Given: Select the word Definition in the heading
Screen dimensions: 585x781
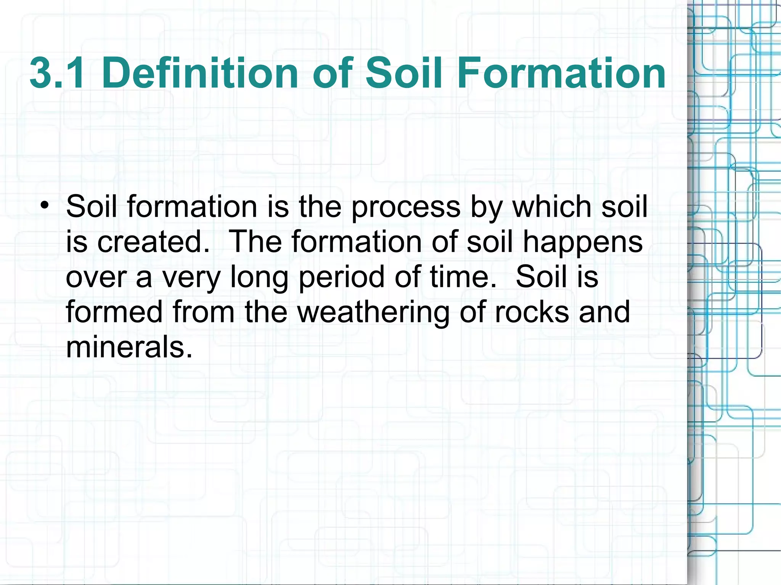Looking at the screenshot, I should (x=200, y=73).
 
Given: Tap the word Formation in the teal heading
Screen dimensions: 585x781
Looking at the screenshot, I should (x=561, y=73).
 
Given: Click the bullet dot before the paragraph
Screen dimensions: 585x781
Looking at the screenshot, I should (x=45, y=206).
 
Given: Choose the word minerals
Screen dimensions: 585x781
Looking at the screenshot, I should (x=129, y=347).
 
